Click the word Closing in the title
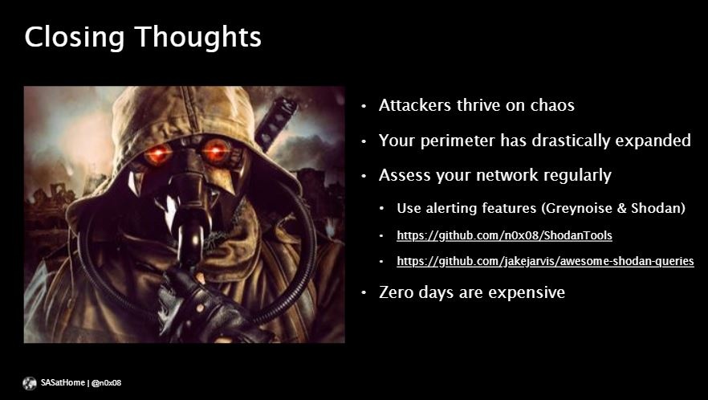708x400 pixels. pos(75,38)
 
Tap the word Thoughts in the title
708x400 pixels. pos(198,38)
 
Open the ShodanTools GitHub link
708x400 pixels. pos(504,235)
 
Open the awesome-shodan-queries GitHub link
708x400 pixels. pos(546,261)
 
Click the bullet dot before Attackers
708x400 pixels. pos(364,106)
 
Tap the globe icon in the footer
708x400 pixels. pos(30,383)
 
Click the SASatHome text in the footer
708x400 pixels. pos(63,383)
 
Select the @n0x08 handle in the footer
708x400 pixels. pos(106,383)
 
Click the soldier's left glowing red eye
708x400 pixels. pos(157,153)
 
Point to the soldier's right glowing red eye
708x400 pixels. pos(216,151)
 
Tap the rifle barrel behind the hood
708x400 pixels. pos(276,122)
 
